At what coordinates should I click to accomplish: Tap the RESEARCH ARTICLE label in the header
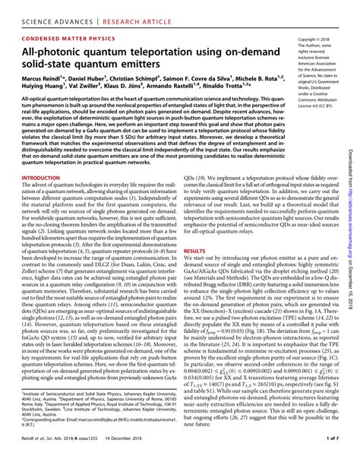(130, 9)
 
